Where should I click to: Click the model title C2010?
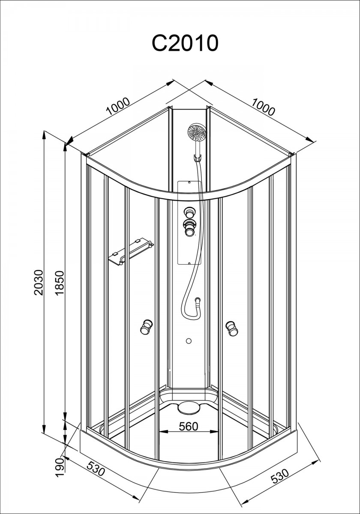click(185, 43)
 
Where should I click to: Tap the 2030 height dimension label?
click(38, 283)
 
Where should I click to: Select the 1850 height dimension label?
click(59, 283)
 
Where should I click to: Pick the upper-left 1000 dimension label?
click(118, 106)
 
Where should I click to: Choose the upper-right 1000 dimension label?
click(263, 107)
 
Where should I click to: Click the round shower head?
click(197, 133)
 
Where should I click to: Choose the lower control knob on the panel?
click(189, 227)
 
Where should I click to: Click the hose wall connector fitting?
click(198, 300)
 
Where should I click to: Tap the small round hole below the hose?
click(189, 341)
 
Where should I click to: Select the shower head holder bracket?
click(197, 158)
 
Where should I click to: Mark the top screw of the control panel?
click(189, 182)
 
